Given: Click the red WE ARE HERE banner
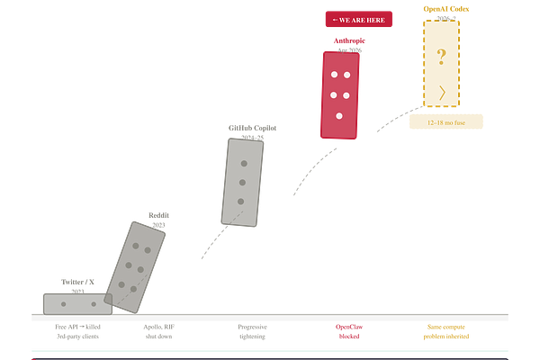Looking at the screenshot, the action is pos(357,19).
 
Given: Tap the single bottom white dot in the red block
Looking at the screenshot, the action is pos(339,116).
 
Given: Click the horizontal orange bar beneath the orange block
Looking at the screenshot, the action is pos(446,121).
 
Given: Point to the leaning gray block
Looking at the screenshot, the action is pos(140,266).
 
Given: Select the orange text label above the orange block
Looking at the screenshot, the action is pos(445,10).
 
